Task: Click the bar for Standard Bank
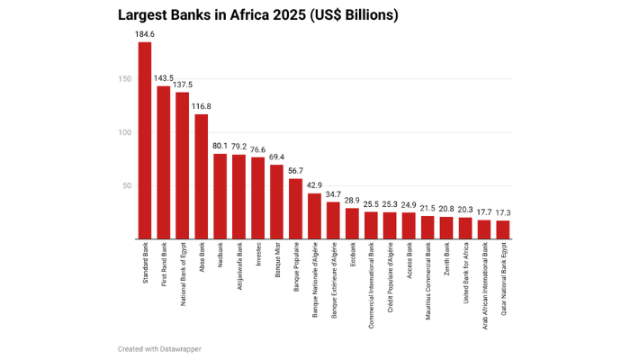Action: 145,140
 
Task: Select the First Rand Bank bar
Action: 164,162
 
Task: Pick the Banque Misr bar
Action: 277,202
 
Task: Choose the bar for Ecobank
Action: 352,223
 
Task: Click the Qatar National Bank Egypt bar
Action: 503,229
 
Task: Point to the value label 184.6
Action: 145,34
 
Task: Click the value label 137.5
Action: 183,85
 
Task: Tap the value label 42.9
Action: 314,185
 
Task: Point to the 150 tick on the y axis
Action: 123,79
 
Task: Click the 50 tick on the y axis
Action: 126,185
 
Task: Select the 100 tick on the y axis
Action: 123,132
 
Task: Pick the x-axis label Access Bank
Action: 409,260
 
